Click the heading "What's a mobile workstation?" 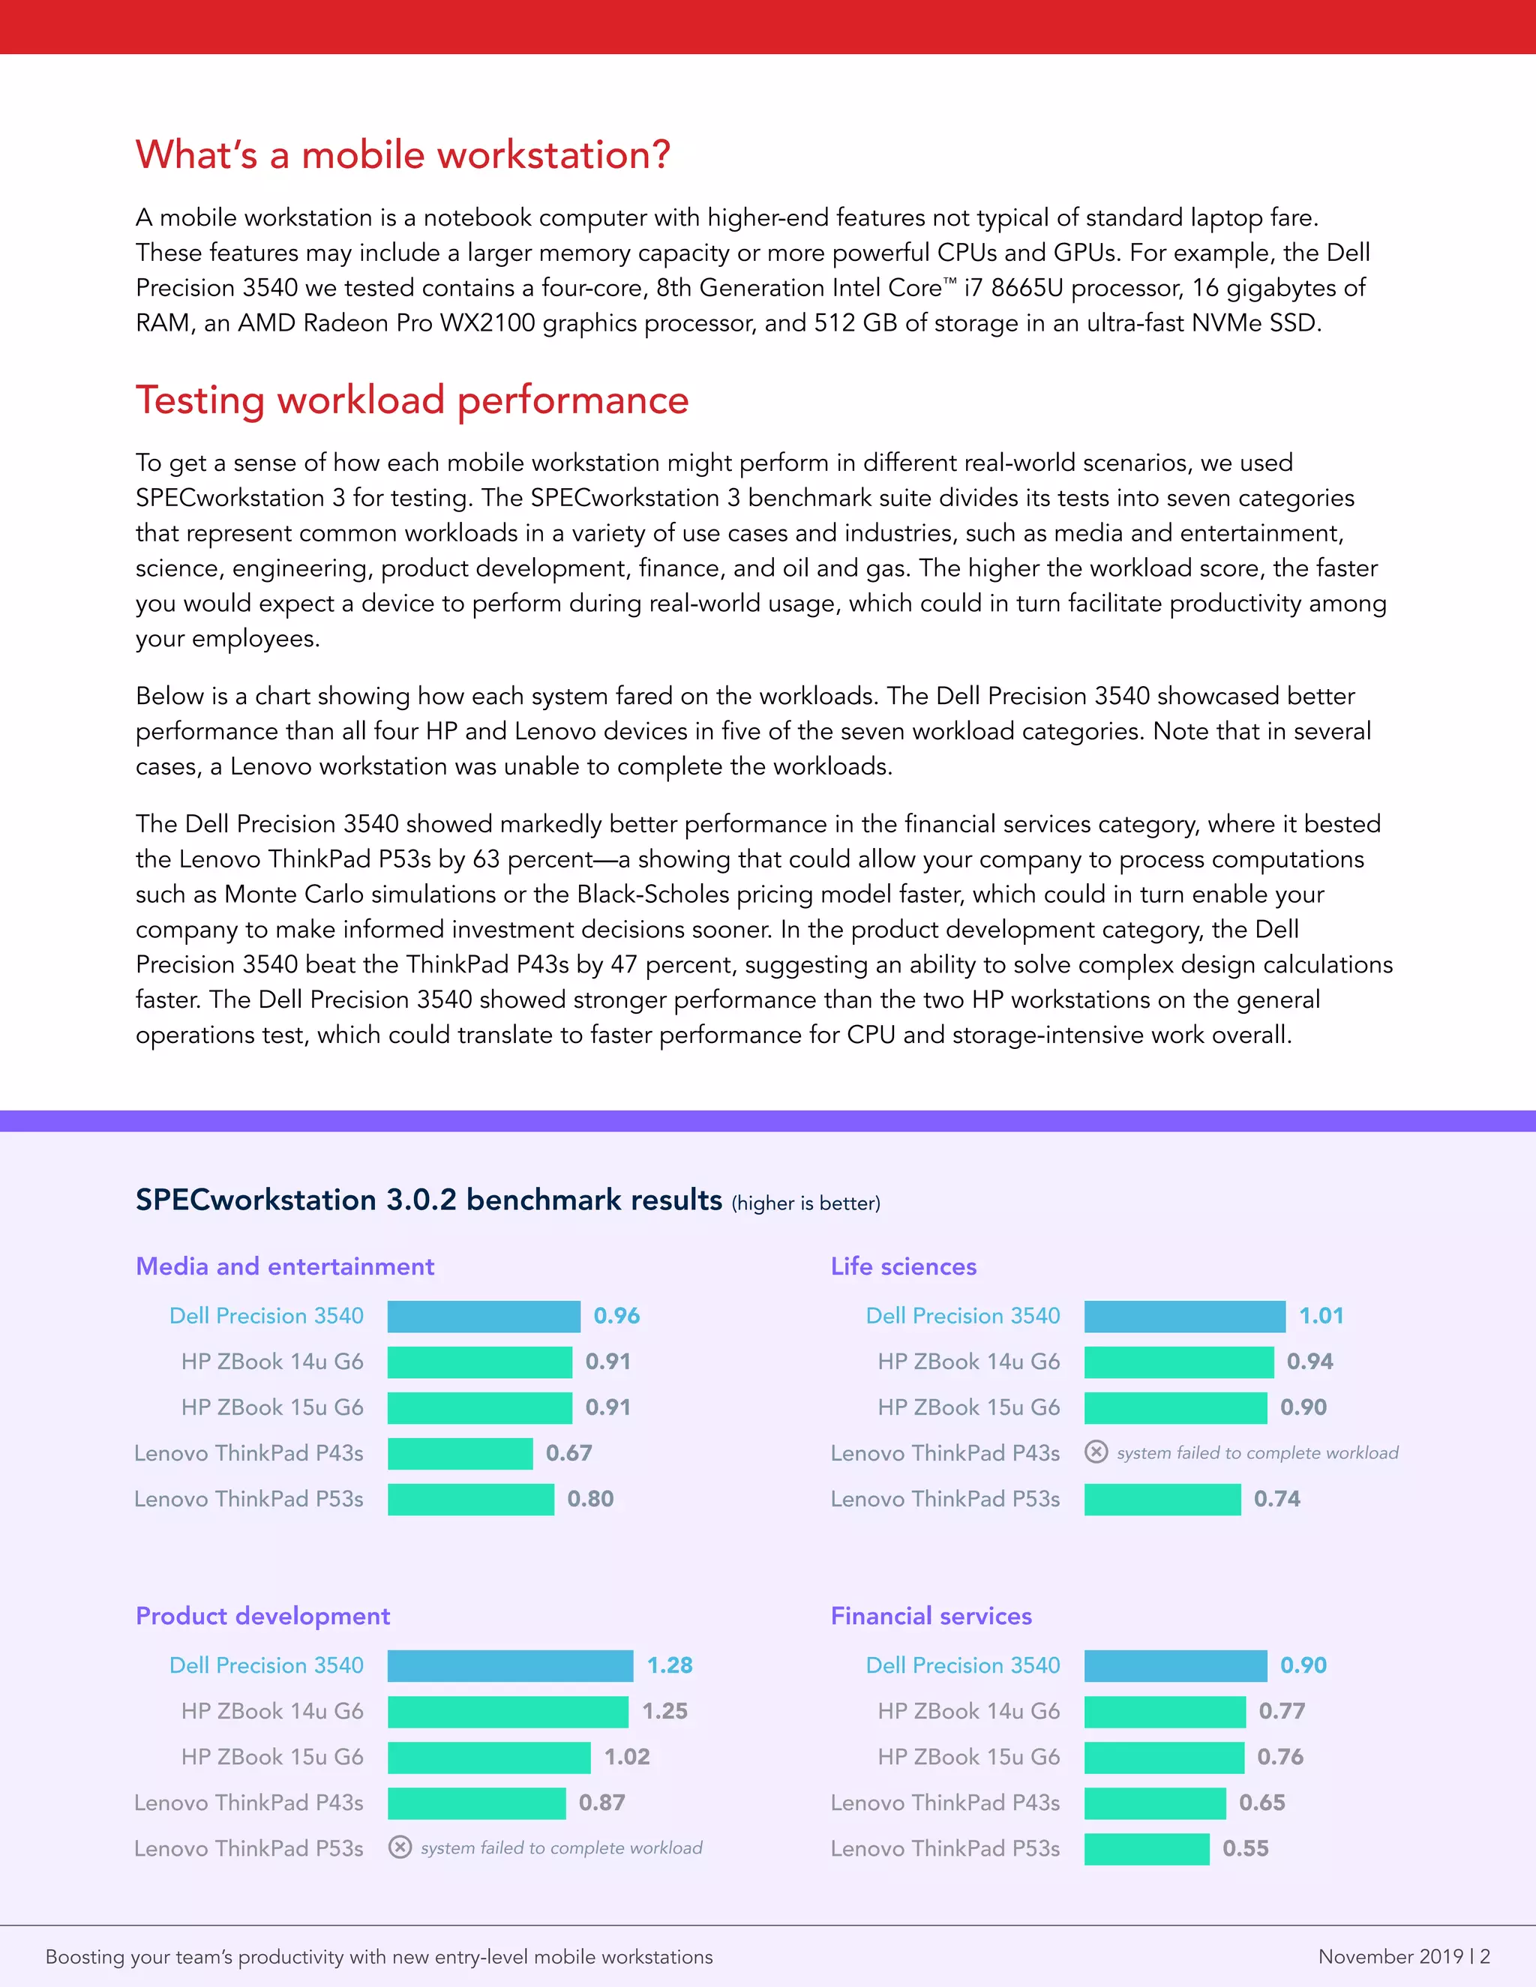tap(403, 155)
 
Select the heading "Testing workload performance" tap(412, 400)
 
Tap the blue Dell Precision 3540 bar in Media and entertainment tap(483, 1317)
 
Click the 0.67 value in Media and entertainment tap(568, 1454)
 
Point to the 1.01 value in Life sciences tap(1320, 1317)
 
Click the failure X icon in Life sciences tap(1096, 1452)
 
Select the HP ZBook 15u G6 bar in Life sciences tap(1174, 1408)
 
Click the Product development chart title tap(263, 1616)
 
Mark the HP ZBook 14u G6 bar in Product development tap(508, 1711)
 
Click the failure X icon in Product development tap(400, 1847)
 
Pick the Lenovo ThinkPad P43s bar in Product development tap(476, 1803)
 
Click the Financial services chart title tap(931, 1616)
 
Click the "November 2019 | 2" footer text tap(1403, 1956)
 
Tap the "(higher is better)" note tap(805, 1203)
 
